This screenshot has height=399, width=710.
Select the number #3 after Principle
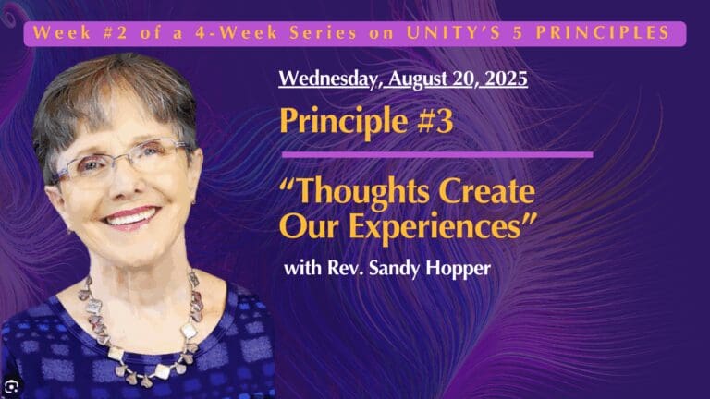click(433, 121)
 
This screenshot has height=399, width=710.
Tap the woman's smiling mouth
click(129, 219)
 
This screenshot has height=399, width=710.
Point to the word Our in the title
click(302, 224)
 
